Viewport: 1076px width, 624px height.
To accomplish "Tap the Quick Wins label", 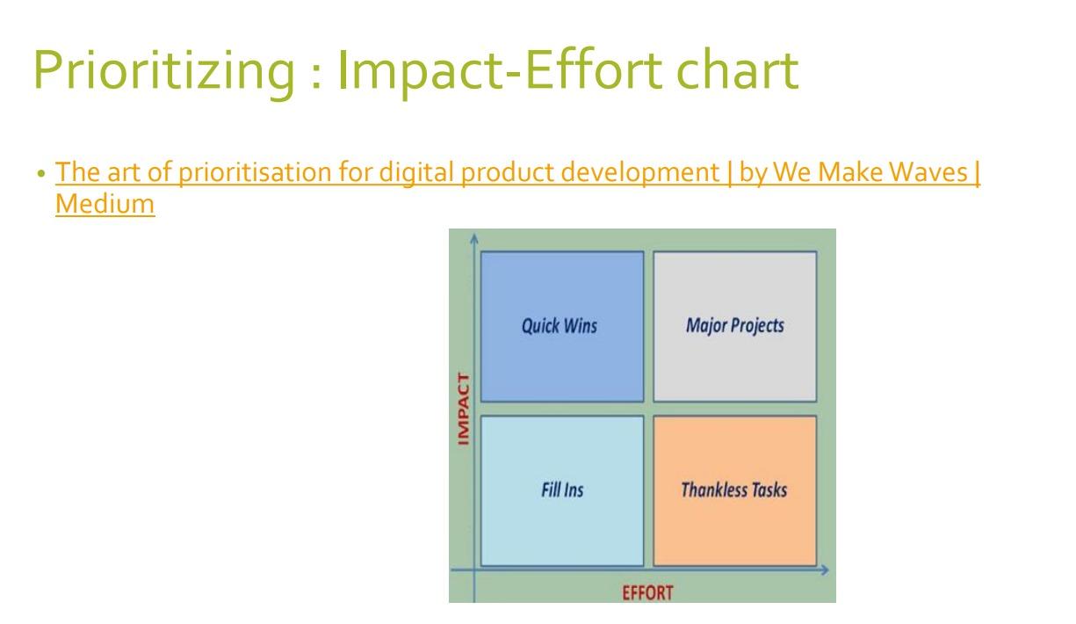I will (560, 326).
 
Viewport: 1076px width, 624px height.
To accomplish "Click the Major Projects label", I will (734, 326).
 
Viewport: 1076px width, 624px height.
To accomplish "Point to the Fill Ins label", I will (561, 490).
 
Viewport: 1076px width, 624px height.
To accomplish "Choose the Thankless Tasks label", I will (733, 490).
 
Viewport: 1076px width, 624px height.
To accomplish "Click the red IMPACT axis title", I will (464, 409).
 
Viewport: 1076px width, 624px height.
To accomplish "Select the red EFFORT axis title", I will (647, 592).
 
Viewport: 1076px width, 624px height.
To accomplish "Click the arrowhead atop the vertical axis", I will (473, 237).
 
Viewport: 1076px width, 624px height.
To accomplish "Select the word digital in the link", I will (411, 173).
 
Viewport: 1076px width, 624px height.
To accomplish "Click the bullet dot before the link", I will (41, 175).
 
